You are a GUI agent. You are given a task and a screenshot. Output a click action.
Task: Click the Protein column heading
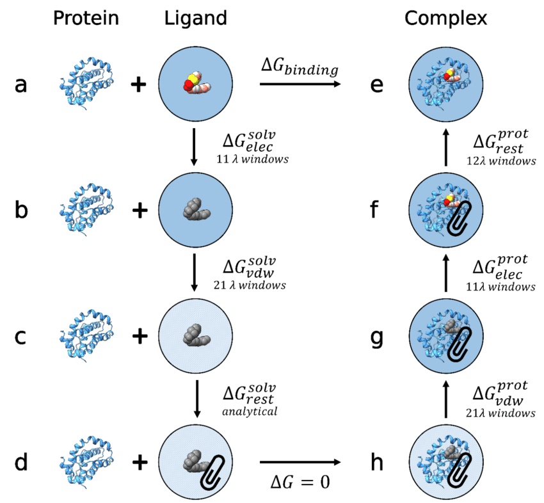point(86,19)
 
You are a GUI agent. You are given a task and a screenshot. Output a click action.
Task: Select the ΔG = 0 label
point(300,481)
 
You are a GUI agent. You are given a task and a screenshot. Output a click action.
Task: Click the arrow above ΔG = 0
point(300,461)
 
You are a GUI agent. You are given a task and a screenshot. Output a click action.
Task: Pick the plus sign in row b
point(136,210)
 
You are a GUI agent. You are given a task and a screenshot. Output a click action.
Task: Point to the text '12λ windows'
point(504,161)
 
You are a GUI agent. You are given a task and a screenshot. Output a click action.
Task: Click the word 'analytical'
point(250,411)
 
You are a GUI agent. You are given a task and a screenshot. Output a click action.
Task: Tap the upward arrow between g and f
point(446,274)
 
